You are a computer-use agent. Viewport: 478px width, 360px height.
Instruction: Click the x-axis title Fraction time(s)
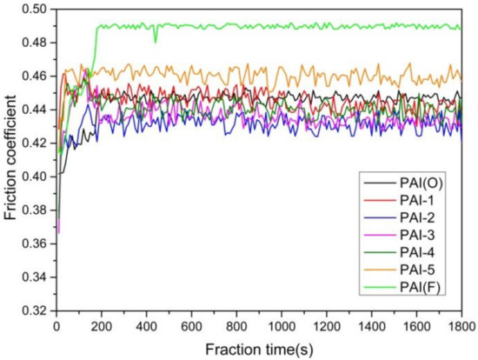[x=258, y=347]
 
